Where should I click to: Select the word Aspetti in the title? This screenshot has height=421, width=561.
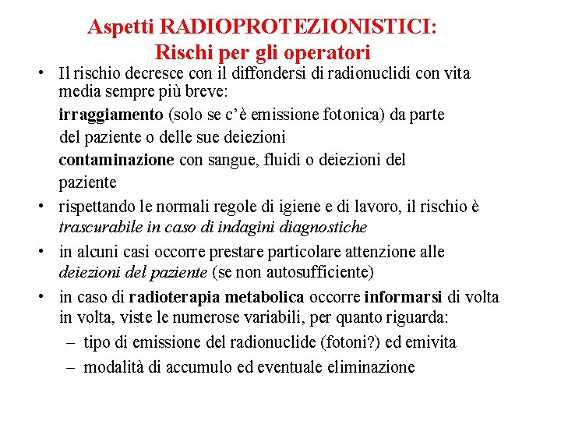(x=122, y=27)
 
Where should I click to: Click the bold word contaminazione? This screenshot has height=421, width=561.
(x=116, y=161)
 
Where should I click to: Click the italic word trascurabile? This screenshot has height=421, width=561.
(x=100, y=228)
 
